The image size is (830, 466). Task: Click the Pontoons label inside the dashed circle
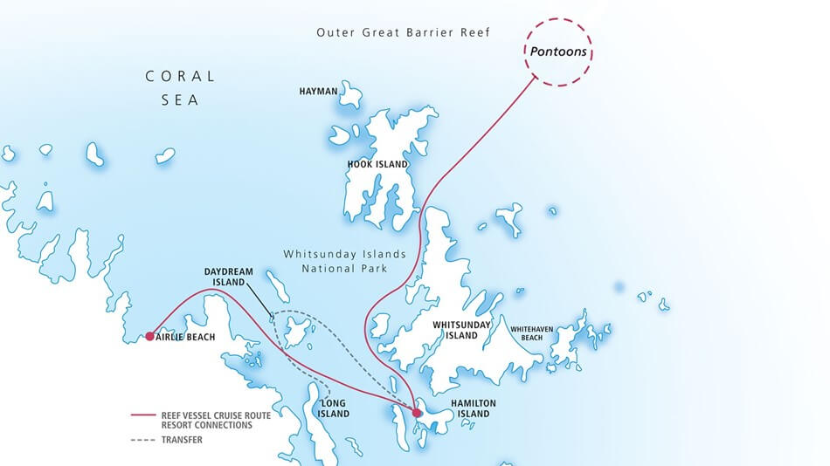point(558,52)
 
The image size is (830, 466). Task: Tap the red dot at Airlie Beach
point(150,336)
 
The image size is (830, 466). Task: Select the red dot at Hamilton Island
point(417,413)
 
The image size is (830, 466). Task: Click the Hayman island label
point(317,91)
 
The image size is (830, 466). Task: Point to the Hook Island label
point(378,163)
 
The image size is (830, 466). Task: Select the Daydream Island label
point(228,278)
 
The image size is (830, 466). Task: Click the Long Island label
point(334,408)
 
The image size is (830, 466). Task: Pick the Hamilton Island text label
point(473,408)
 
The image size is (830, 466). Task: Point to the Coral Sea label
point(180,88)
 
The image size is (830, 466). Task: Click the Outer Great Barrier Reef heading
point(403,32)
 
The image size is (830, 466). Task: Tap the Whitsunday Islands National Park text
point(344,261)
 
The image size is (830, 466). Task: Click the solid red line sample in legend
point(143,415)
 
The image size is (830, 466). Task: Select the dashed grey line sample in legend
point(143,440)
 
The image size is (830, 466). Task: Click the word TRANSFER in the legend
point(182,440)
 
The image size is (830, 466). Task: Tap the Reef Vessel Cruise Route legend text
point(215,415)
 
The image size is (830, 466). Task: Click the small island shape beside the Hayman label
point(351,93)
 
